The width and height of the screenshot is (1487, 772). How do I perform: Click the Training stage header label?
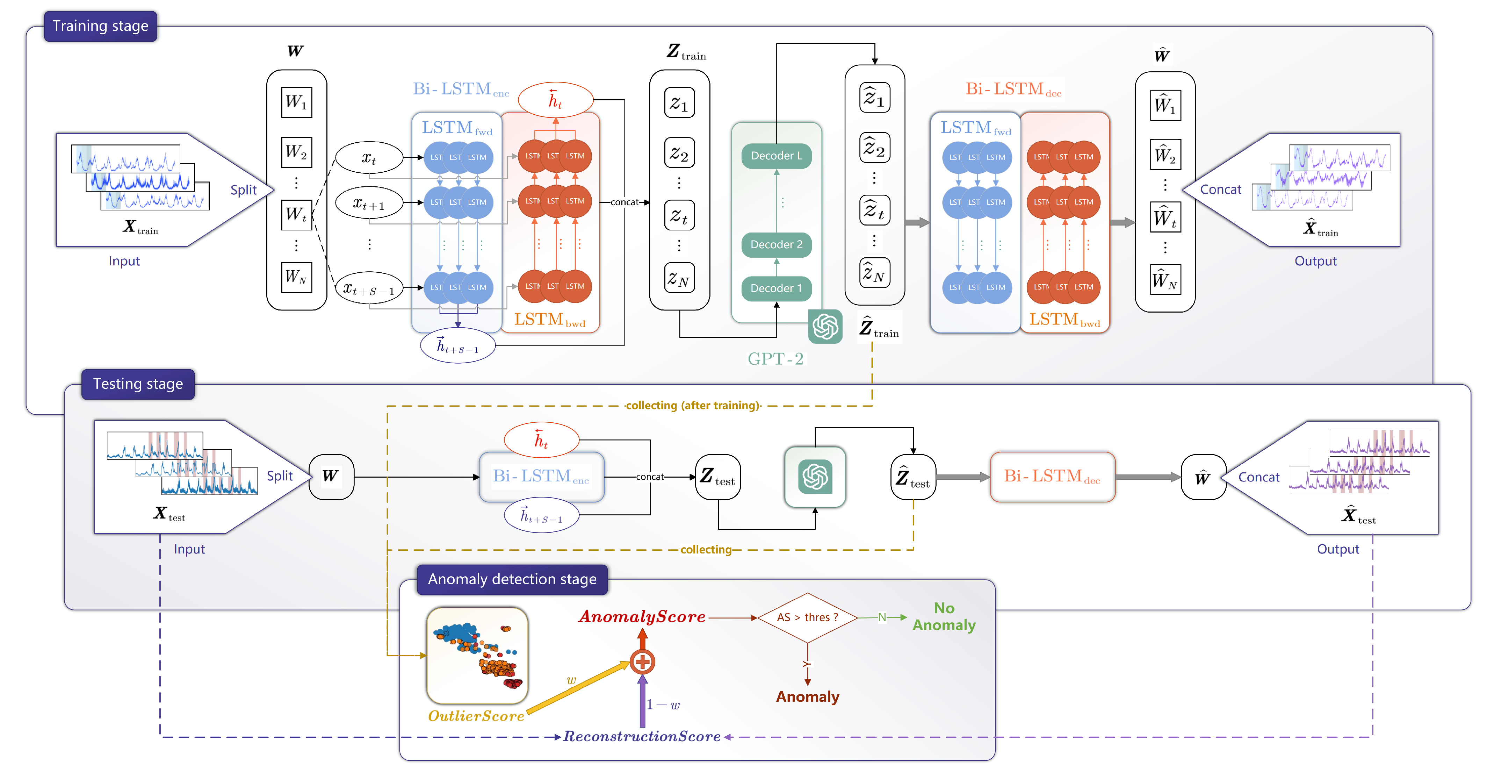100,26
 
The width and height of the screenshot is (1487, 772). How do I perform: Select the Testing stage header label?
138,384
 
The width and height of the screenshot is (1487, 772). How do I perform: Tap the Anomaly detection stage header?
512,579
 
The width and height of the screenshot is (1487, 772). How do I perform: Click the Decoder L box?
777,156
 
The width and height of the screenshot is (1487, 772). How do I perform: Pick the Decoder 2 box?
777,244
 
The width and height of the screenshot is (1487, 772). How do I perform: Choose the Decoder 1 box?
777,288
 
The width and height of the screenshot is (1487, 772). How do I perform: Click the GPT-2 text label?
775,359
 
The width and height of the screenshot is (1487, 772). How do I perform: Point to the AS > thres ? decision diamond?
807,617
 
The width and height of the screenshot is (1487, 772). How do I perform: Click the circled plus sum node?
642,662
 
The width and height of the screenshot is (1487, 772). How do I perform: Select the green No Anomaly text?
944,617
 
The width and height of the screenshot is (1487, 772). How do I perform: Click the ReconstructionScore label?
642,736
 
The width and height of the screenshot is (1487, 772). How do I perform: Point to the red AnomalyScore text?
642,617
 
